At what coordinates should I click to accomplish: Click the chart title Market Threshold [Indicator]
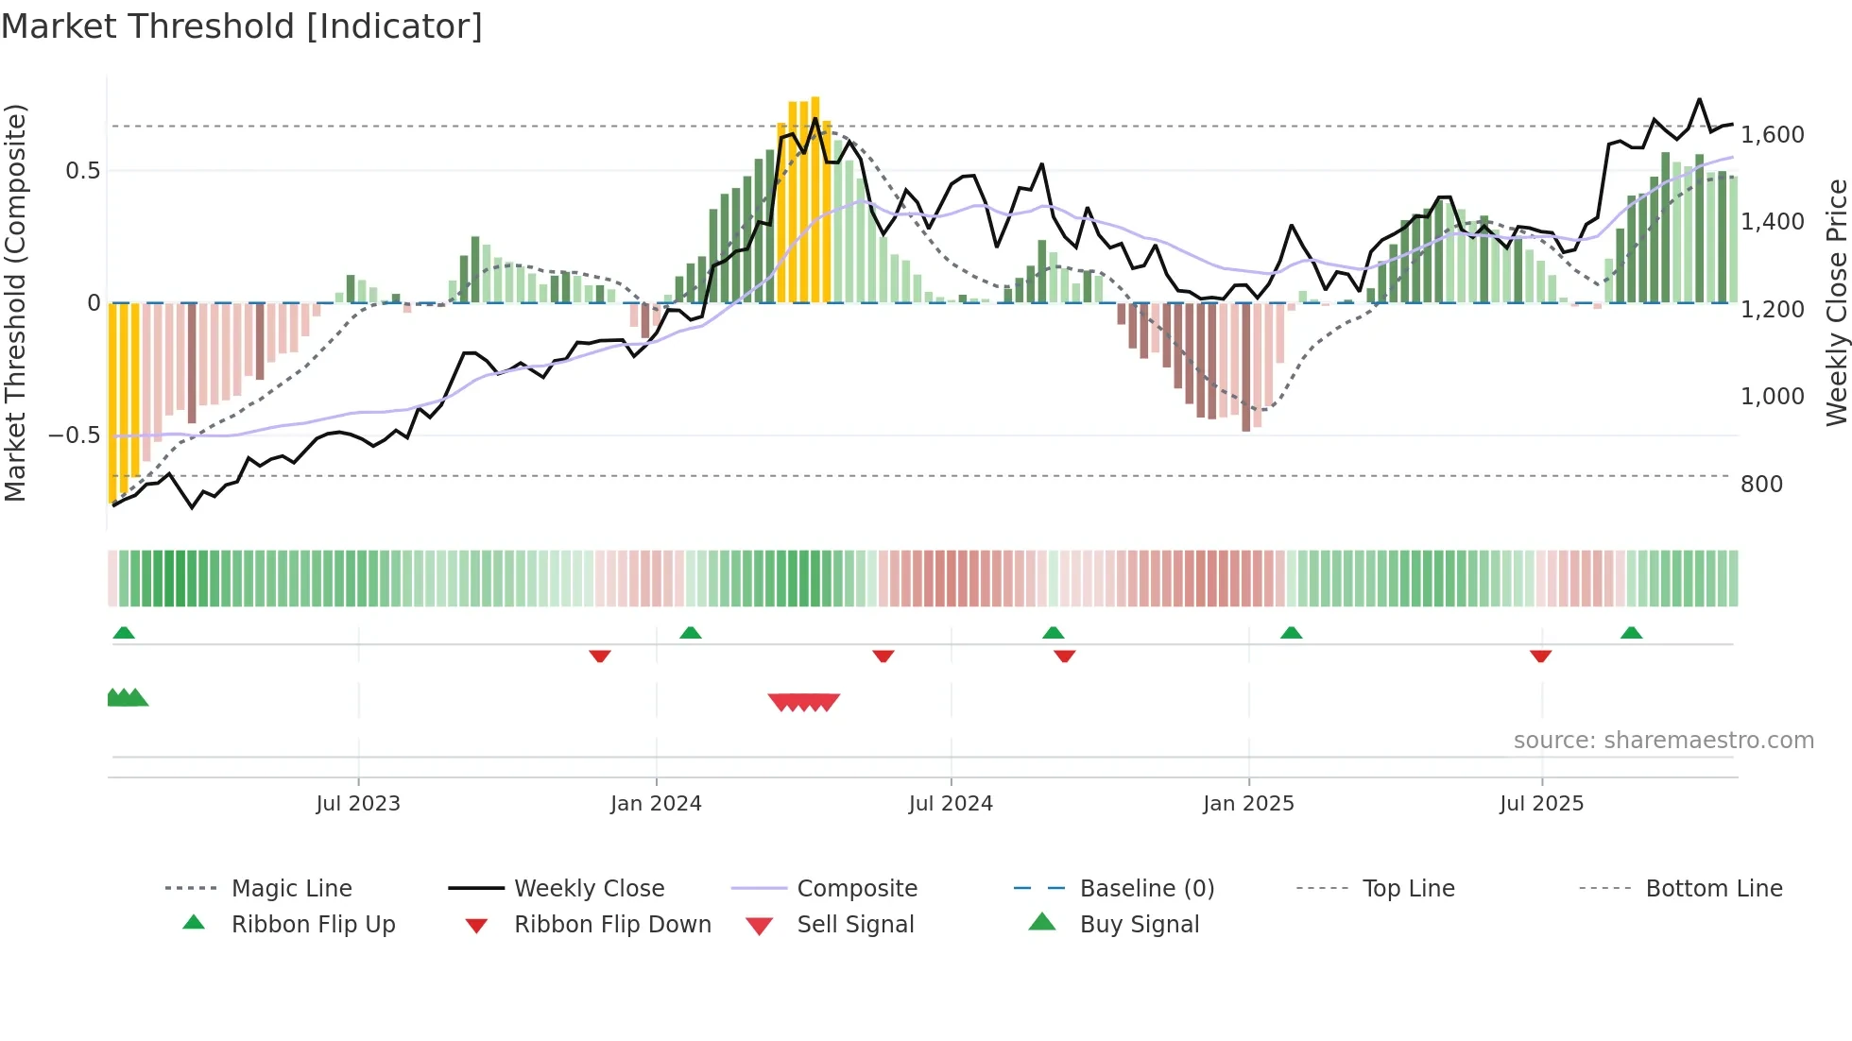pyautogui.click(x=242, y=26)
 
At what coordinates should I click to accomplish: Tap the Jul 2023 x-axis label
pyautogui.click(x=358, y=804)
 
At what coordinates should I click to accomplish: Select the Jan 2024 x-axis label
pyautogui.click(x=656, y=804)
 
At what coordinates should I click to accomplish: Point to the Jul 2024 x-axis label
pyautogui.click(x=951, y=804)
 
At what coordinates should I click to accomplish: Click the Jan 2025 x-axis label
pyautogui.click(x=1248, y=804)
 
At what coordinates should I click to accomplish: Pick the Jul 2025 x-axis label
pyautogui.click(x=1541, y=804)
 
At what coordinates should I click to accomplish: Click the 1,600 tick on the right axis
pyautogui.click(x=1773, y=135)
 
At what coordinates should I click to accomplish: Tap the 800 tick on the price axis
pyautogui.click(x=1761, y=485)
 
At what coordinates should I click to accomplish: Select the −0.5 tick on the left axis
pyautogui.click(x=75, y=435)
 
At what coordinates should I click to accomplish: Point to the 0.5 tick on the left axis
pyautogui.click(x=82, y=171)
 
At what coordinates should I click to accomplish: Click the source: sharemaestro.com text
pyautogui.click(x=1663, y=741)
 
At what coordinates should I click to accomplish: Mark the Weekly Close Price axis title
pyautogui.click(x=1836, y=302)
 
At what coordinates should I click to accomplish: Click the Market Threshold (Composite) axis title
pyautogui.click(x=15, y=302)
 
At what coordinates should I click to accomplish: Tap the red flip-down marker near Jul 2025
pyautogui.click(x=1540, y=656)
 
